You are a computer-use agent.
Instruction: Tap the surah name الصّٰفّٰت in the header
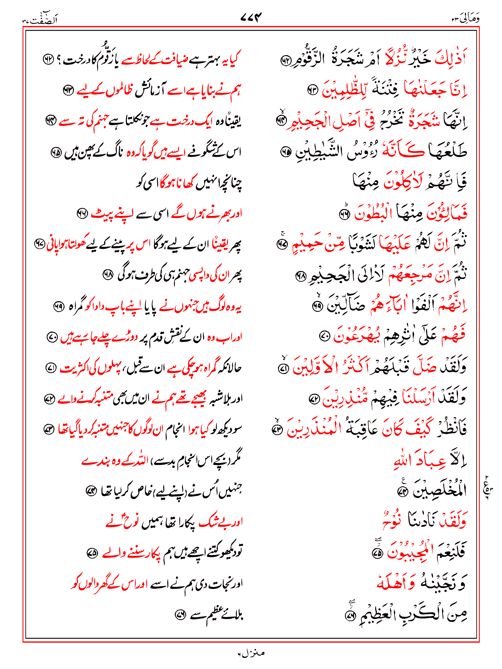coord(41,19)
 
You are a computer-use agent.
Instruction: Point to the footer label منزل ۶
coord(251,653)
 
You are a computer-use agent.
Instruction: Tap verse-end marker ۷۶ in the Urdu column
coord(180,615)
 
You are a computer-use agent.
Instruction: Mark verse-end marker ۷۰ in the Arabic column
coord(324,336)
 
